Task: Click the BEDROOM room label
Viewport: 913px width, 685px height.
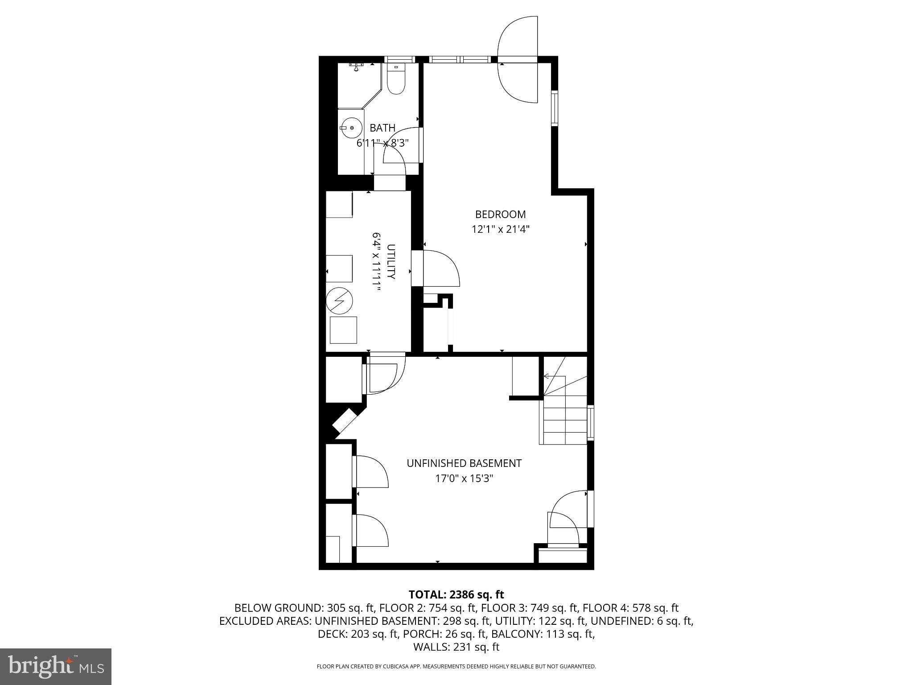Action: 500,215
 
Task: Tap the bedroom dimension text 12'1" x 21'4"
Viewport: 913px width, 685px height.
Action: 500,230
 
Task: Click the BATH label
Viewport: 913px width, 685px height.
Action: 382,128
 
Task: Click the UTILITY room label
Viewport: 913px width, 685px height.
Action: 391,261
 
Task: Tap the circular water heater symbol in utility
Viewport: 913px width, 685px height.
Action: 339,301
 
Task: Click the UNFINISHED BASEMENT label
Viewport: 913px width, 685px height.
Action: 464,463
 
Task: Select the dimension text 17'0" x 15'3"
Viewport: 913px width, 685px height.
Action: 464,479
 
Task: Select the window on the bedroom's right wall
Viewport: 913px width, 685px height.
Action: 555,108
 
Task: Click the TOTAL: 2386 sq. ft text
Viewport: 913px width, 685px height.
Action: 456,594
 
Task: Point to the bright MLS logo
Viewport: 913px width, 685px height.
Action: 55,667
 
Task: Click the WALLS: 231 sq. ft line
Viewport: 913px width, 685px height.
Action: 456,647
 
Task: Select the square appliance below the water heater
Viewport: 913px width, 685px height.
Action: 343,330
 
